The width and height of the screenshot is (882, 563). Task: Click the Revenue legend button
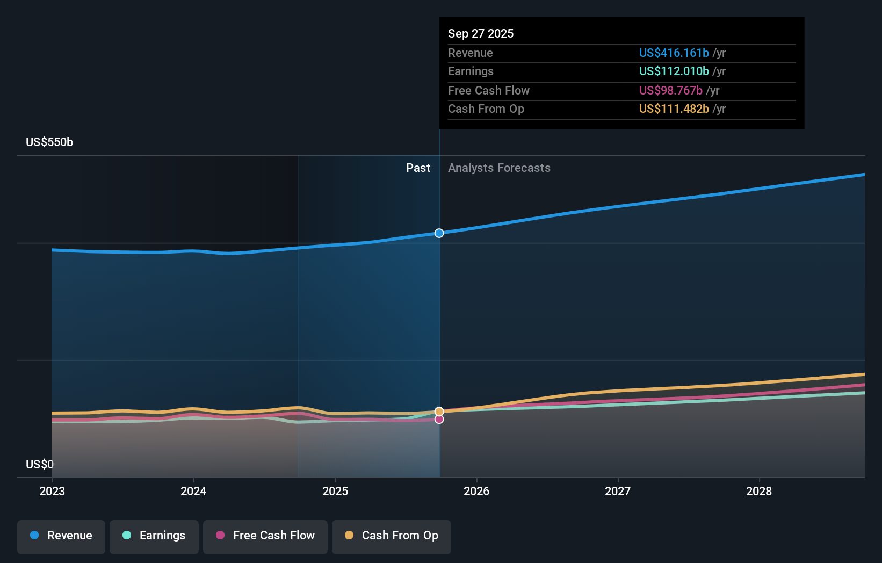61,537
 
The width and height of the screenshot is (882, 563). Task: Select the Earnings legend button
154,537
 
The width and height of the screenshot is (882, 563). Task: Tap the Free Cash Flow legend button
265,537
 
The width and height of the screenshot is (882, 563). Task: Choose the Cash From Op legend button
392,537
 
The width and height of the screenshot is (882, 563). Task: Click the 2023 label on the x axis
52,492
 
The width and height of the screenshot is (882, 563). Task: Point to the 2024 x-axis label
193,492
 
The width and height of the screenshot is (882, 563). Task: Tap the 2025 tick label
335,492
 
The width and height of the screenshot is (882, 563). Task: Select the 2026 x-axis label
476,492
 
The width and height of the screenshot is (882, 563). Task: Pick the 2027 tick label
618,492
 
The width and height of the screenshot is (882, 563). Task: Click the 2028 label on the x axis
759,492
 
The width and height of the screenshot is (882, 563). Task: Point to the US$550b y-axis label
49,142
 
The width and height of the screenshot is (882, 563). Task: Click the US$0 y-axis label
40,465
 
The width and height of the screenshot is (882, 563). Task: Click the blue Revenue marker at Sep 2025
439,234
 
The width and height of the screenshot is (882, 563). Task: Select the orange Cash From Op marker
439,412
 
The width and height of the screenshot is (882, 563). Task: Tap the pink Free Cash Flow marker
439,420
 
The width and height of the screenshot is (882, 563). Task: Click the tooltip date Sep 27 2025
481,33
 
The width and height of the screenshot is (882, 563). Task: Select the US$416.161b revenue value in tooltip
674,53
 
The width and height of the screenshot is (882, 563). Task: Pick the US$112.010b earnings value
674,71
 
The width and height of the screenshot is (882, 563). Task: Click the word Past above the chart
418,168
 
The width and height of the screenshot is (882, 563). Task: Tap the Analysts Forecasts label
499,168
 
